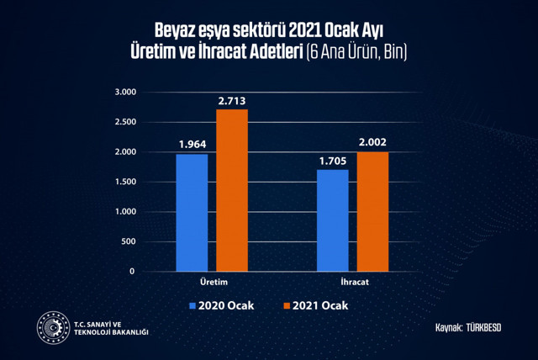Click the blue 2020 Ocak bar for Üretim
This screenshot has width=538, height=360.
click(x=192, y=212)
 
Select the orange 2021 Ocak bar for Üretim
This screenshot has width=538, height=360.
click(x=232, y=190)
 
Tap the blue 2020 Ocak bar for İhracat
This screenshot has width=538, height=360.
click(x=333, y=220)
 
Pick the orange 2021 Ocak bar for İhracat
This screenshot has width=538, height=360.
click(x=372, y=211)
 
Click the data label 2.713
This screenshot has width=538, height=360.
click(x=232, y=101)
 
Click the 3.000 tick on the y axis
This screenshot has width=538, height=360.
click(x=125, y=92)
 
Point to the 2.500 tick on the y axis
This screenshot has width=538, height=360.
click(x=125, y=122)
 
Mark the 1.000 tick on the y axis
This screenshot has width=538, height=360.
click(x=125, y=212)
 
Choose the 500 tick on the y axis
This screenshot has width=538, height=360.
click(x=128, y=241)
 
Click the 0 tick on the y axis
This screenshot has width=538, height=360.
click(x=133, y=272)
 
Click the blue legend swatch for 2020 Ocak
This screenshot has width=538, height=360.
click(x=193, y=304)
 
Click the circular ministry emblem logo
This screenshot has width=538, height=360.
click(x=52, y=328)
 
